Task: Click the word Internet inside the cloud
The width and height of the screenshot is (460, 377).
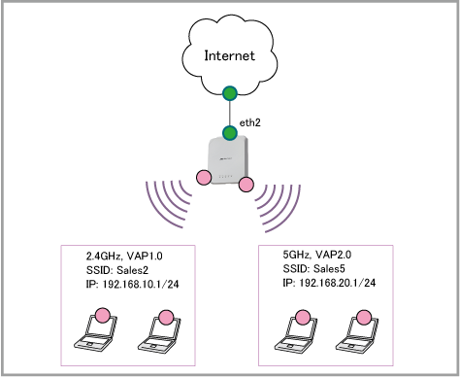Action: tap(230, 55)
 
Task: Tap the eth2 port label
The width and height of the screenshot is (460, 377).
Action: tap(249, 122)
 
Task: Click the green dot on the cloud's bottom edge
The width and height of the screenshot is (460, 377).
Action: tap(230, 93)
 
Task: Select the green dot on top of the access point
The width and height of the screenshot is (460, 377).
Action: tap(230, 133)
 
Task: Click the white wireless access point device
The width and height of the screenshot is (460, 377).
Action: tap(229, 160)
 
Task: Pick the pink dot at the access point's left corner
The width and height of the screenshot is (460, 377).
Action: tap(204, 178)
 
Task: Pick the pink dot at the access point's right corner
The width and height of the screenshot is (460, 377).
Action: tap(246, 185)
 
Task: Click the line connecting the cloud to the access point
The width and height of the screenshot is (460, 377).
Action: tap(230, 114)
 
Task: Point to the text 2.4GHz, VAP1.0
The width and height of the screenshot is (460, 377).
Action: tap(124, 256)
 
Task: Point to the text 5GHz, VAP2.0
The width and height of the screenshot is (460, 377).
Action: tap(317, 255)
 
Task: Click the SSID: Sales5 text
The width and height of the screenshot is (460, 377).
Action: tap(313, 268)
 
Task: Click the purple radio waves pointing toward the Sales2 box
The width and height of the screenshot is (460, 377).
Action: tap(168, 203)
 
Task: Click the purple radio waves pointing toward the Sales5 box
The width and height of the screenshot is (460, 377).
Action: tap(278, 208)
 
